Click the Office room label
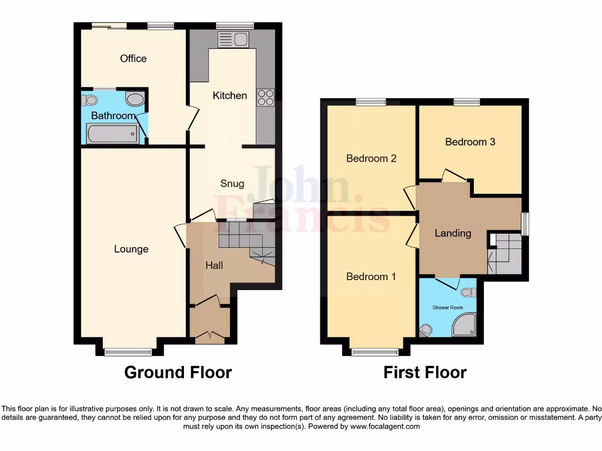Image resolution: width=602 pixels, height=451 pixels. [x=133, y=58]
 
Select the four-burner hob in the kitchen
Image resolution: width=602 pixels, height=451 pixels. [x=265, y=97]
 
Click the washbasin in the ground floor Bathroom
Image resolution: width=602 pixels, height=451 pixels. [x=135, y=99]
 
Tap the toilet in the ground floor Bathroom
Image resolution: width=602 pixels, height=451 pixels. [x=89, y=99]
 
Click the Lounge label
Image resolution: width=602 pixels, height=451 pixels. [x=131, y=249]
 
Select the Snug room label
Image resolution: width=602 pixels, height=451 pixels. [x=232, y=183]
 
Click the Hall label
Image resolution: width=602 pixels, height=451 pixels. [x=213, y=265]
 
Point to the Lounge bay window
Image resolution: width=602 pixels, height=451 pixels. [x=128, y=352]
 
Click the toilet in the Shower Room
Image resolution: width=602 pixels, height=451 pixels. [x=468, y=292]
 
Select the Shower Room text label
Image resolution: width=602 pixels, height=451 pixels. [x=447, y=307]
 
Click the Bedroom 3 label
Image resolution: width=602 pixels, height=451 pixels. [x=470, y=142]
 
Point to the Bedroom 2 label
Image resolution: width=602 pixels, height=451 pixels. [x=371, y=158]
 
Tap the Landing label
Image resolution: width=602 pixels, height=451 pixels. [x=453, y=233]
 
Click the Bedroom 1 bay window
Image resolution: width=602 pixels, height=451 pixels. [x=374, y=352]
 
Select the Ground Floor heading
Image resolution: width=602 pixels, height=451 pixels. [x=178, y=372]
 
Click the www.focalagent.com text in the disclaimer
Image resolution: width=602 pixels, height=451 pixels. [x=385, y=426]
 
